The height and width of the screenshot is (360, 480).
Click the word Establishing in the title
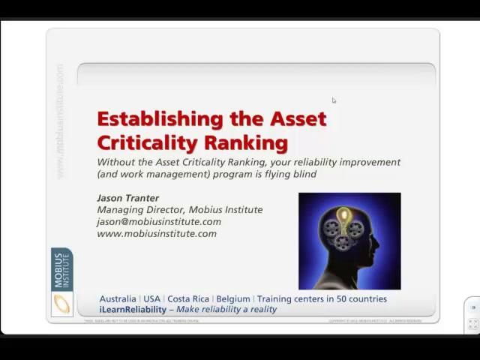[161, 119]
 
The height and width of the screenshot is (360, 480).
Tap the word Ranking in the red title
[246, 142]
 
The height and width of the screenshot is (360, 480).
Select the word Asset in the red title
[298, 119]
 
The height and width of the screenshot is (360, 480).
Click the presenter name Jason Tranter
[127, 198]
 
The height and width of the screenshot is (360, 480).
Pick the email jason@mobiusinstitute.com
[158, 221]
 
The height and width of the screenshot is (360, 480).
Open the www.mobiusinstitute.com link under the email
[156, 233]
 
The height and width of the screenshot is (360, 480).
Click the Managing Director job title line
[179, 209]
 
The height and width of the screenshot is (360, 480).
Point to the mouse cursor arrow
[334, 100]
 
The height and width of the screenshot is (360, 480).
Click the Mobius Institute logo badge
[61, 282]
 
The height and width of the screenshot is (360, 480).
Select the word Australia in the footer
[118, 298]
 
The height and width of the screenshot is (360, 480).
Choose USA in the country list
[151, 298]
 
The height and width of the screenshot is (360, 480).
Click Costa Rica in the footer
[187, 298]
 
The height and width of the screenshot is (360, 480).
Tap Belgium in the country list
[232, 298]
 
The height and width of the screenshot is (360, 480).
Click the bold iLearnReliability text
[132, 309]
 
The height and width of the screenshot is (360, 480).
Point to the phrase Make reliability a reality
[226, 309]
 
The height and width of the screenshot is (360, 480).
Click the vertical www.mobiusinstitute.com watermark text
[60, 120]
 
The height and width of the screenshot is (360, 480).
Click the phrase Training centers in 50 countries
[322, 298]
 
